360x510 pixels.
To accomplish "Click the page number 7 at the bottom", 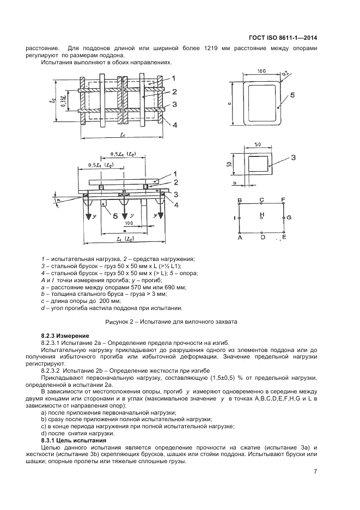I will [315, 472].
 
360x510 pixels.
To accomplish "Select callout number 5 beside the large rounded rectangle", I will [292, 95].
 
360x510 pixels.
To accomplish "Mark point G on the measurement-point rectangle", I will [289, 217].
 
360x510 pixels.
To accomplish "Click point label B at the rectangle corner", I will [240, 200].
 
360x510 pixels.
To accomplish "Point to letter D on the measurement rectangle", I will [262, 237].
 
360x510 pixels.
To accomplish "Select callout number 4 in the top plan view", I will [175, 125].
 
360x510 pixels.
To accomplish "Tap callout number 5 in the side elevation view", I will [115, 216].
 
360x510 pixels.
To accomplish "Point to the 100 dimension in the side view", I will [128, 223].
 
